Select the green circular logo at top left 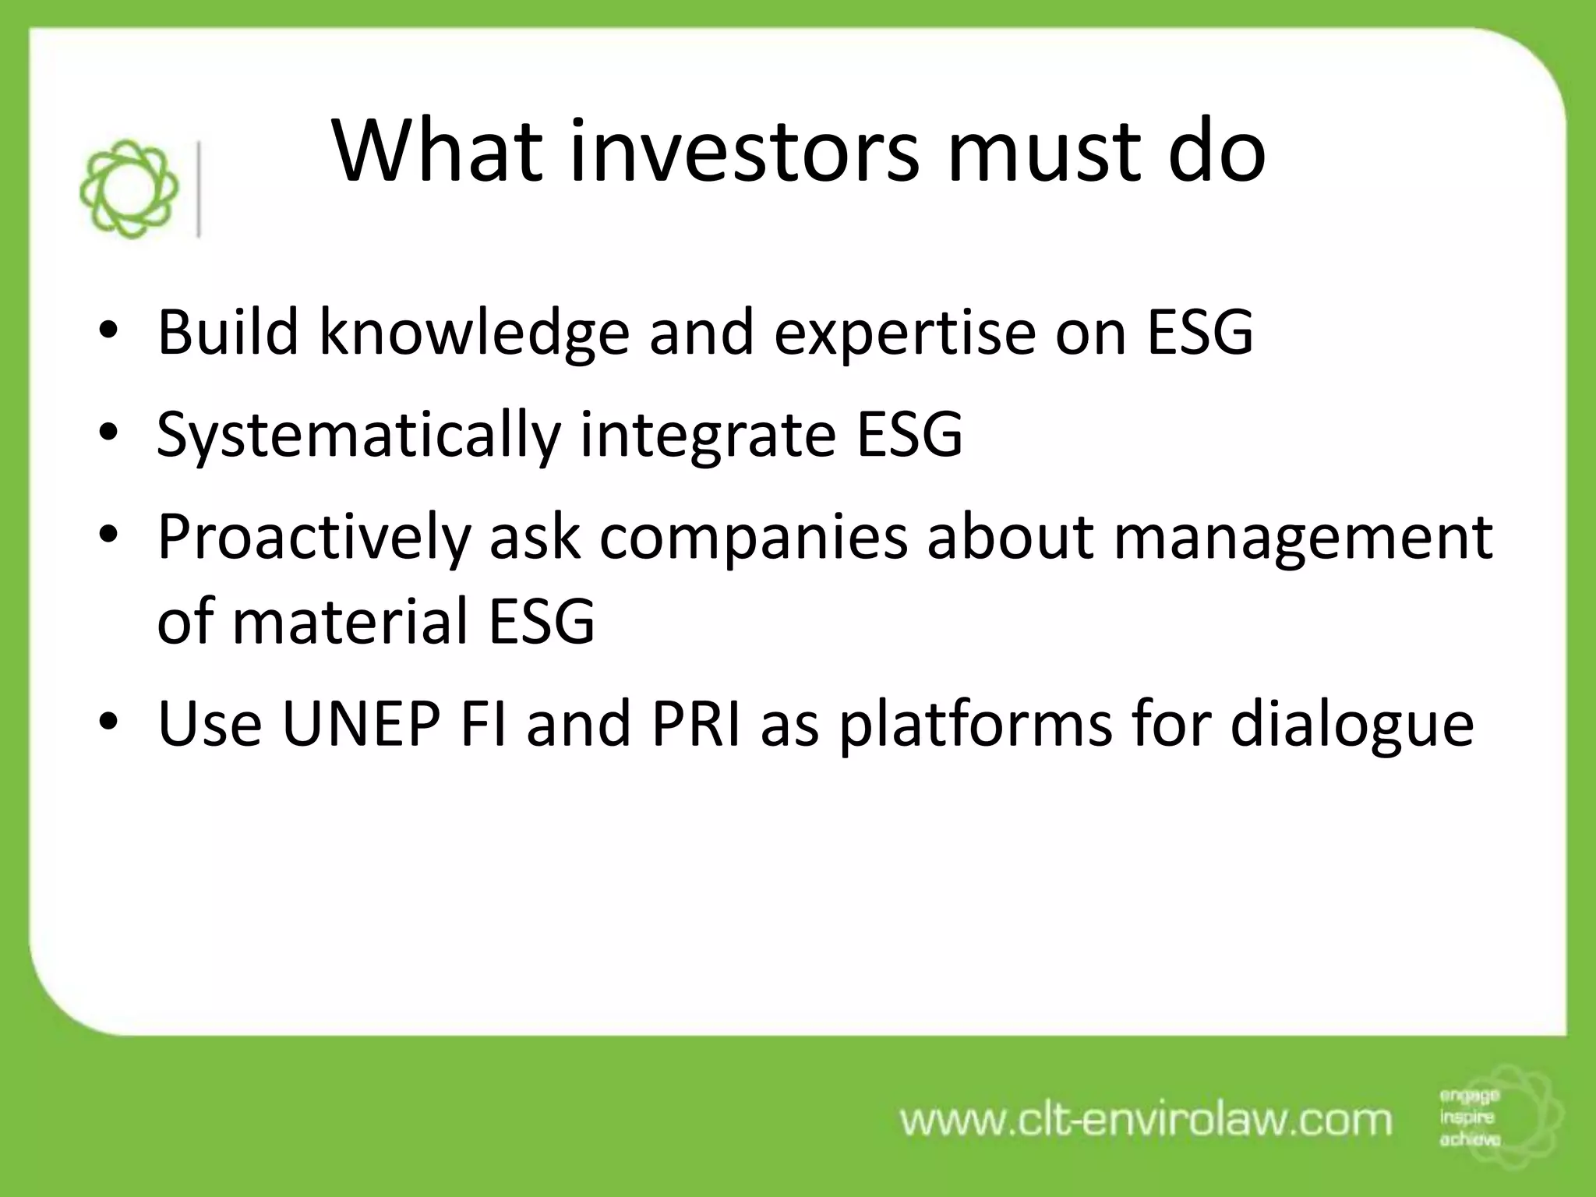click(129, 189)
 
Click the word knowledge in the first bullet click(474, 334)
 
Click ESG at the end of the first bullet click(1200, 332)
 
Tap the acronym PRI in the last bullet click(696, 724)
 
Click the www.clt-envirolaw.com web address click(1146, 1120)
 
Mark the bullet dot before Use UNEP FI click(108, 722)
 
